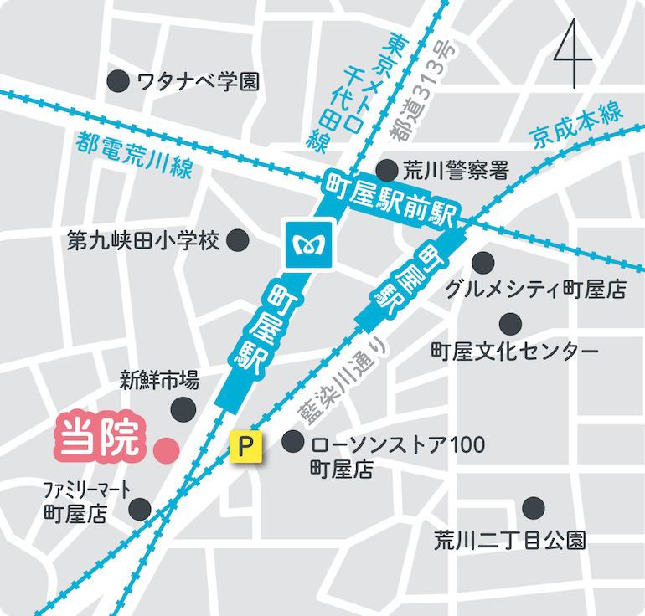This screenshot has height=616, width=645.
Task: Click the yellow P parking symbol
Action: (x=246, y=446)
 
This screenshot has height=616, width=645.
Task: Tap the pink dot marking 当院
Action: (x=165, y=449)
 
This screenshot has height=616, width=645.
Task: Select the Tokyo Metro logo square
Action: (x=310, y=244)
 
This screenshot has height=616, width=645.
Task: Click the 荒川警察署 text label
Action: (x=456, y=171)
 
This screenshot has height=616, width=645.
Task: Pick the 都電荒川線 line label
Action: (x=134, y=156)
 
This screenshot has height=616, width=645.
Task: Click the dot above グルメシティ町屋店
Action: (x=482, y=261)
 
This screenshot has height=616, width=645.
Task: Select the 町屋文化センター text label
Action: (x=514, y=351)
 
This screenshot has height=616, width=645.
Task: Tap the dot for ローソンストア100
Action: (x=292, y=441)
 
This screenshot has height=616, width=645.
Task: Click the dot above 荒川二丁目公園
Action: (x=533, y=507)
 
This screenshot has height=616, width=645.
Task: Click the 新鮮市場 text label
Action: (x=158, y=382)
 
